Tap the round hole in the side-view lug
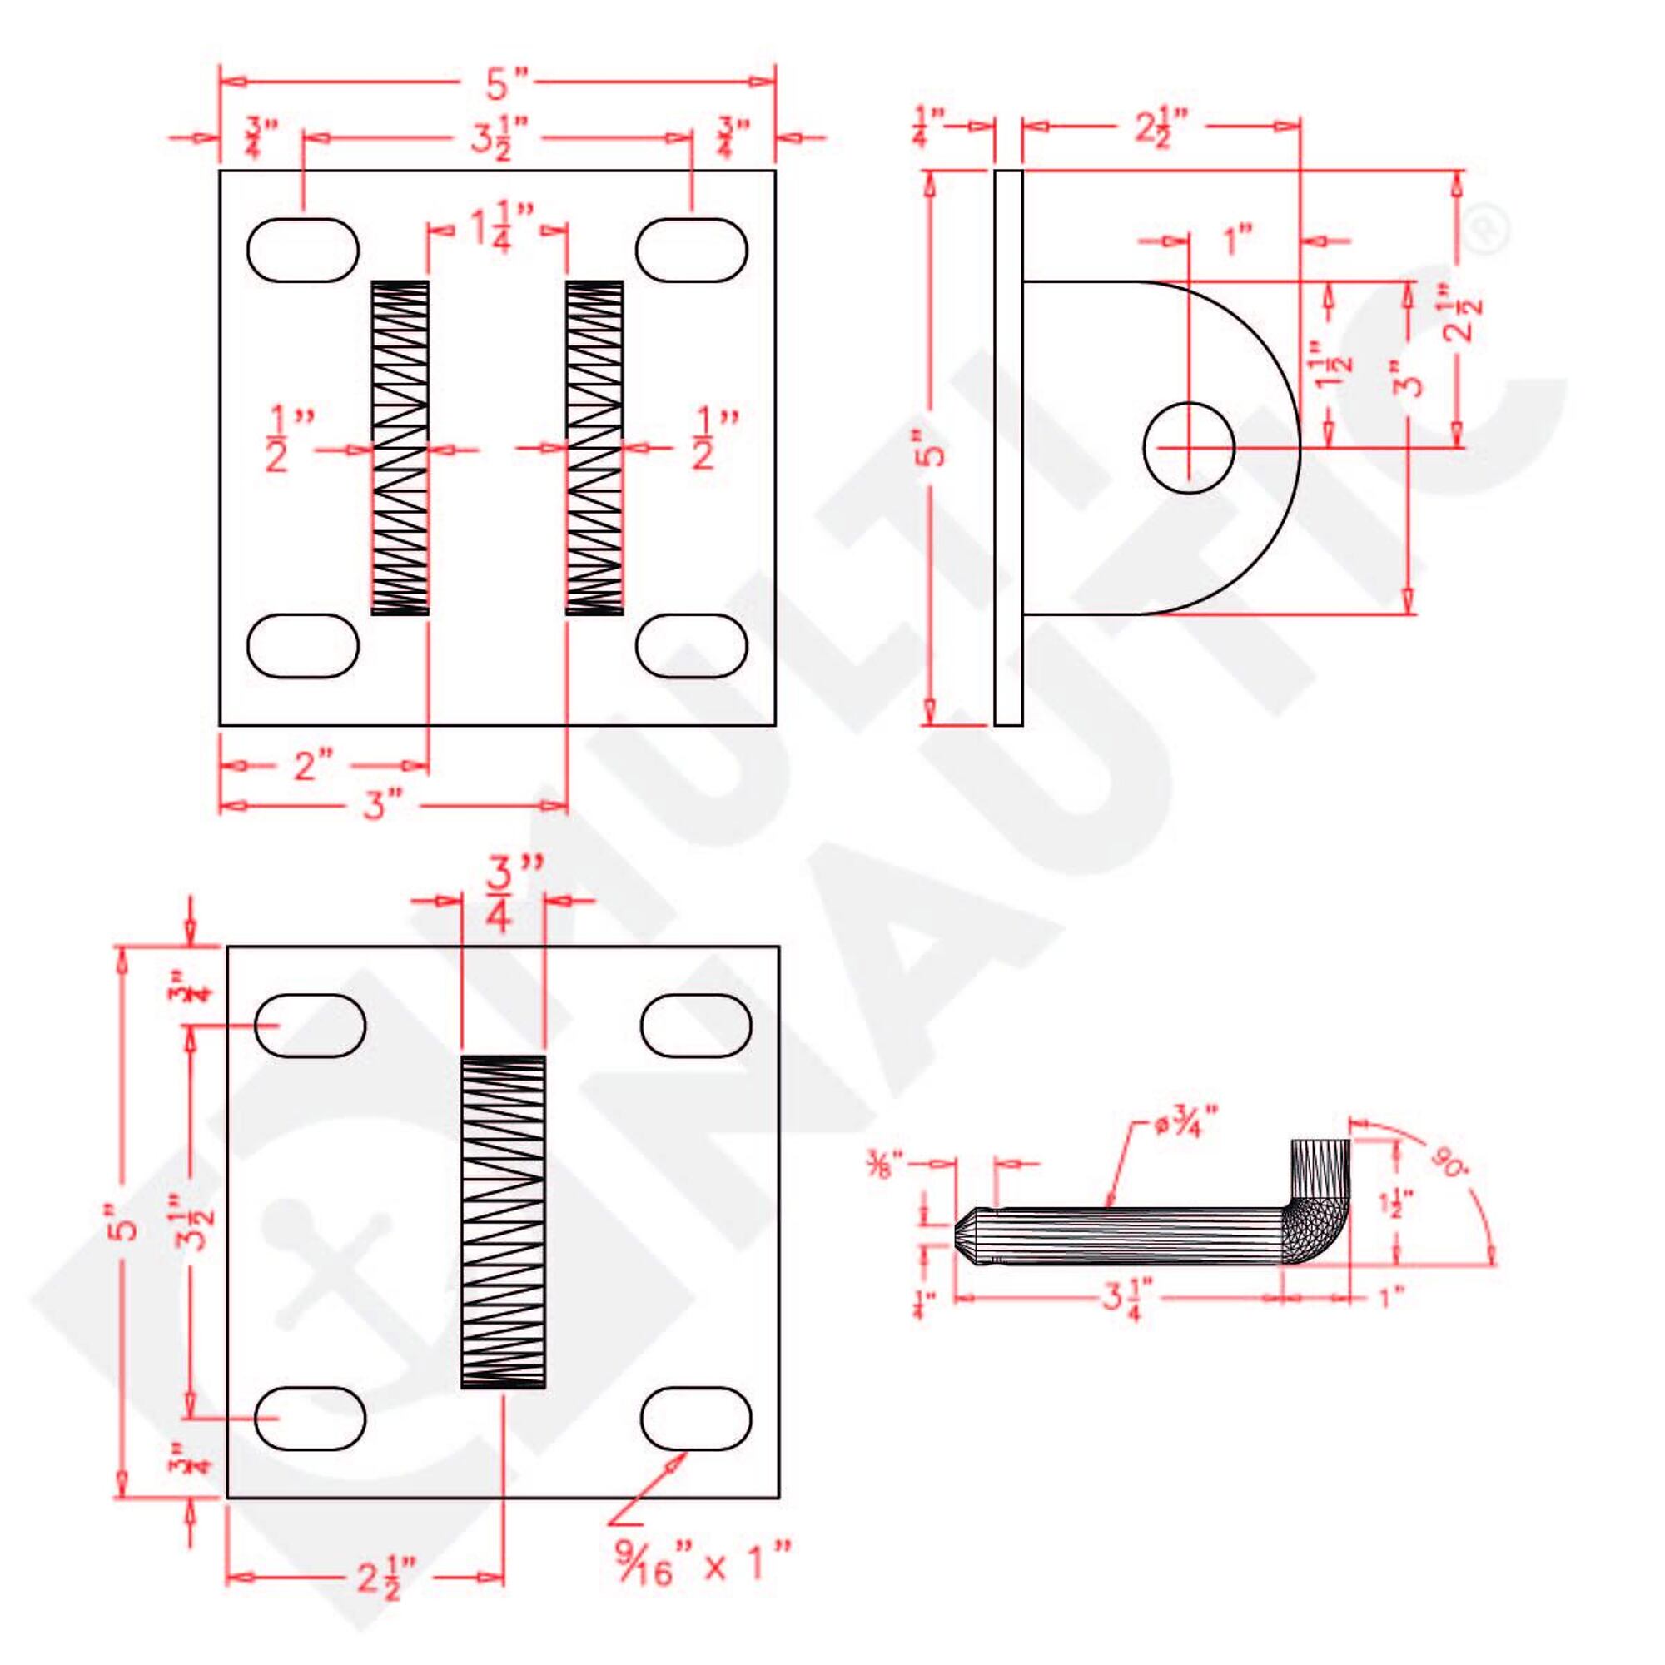coord(1190,447)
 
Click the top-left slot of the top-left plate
coord(302,250)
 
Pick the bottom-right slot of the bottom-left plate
coord(696,1419)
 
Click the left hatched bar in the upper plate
coord(400,447)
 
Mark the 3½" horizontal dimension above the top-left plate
coord(493,138)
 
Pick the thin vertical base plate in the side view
coord(1008,447)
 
